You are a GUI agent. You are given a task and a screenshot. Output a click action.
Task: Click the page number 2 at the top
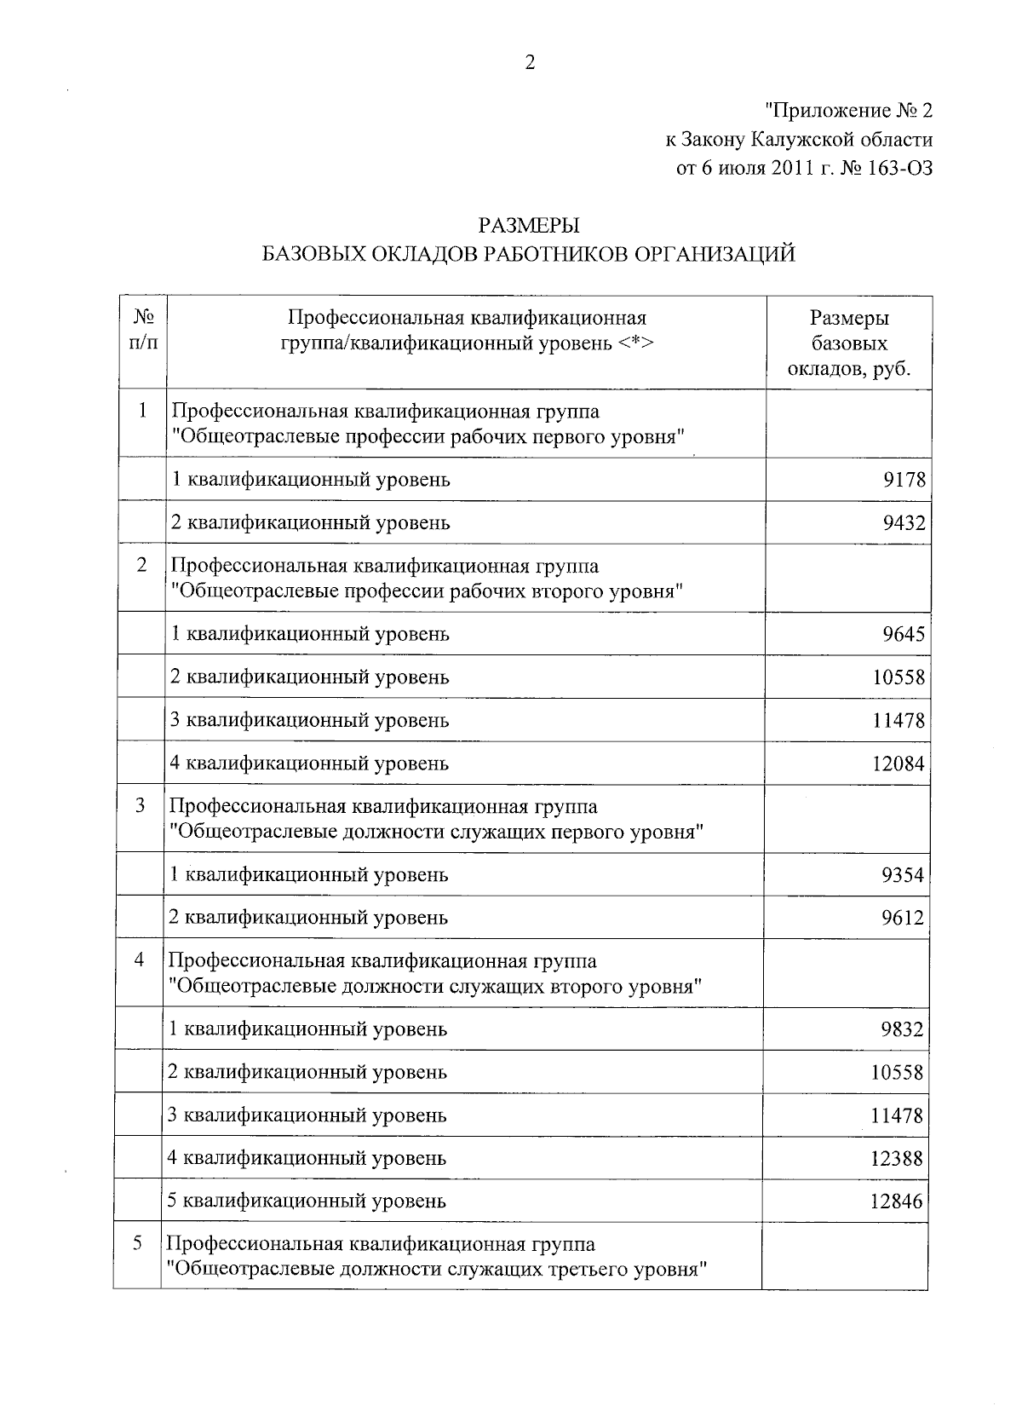click(529, 64)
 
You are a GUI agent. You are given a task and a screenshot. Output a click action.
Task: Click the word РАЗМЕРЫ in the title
click(529, 227)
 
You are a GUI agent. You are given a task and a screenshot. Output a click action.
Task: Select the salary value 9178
click(903, 480)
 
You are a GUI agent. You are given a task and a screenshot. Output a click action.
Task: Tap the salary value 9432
click(903, 522)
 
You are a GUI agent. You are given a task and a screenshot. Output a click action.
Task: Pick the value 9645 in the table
click(903, 635)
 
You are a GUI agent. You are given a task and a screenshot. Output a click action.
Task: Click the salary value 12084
click(898, 764)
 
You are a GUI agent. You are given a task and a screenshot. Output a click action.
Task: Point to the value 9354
click(902, 875)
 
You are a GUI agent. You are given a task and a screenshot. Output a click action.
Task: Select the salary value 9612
click(902, 918)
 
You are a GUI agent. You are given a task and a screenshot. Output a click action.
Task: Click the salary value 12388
click(897, 1159)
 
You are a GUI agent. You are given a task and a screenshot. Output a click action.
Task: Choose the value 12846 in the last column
click(897, 1201)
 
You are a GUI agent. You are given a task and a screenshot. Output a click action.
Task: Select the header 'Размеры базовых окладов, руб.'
click(849, 343)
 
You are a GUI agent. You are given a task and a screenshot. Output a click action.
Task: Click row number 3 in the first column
click(141, 806)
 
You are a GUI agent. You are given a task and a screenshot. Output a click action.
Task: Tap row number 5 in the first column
click(138, 1243)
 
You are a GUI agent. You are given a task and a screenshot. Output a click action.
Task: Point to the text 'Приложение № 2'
click(848, 112)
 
